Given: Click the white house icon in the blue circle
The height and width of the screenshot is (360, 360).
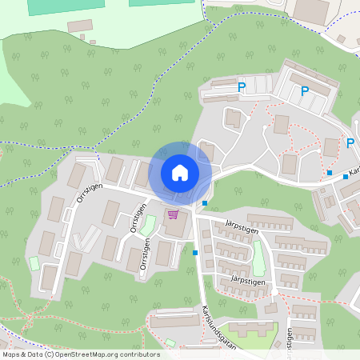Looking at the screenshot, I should tap(180, 172).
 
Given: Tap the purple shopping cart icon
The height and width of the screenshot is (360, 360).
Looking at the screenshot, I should tap(174, 214).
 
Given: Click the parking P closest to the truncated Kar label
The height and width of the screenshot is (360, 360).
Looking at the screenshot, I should tap(350, 143).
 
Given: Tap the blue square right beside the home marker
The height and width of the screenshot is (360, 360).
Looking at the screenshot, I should tap(206, 203).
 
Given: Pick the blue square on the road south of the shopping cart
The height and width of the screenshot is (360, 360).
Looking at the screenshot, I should tap(195, 253).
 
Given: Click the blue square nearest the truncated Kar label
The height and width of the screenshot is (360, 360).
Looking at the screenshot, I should tap(346, 177).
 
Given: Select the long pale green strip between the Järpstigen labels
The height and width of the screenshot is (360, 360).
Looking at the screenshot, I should tap(258, 258).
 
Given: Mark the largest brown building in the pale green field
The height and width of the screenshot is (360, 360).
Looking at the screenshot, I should tap(79, 26).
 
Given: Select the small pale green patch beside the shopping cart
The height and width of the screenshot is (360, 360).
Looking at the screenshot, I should tap(148, 224).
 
